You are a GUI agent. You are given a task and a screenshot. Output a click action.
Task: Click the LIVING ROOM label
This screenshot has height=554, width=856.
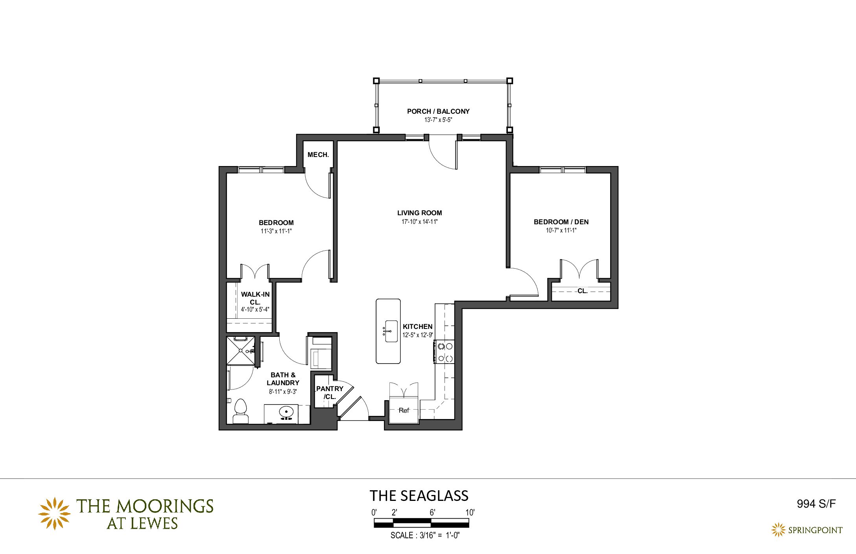pos(419,213)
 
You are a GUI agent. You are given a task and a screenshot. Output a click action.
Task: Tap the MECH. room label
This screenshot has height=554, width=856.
pos(318,155)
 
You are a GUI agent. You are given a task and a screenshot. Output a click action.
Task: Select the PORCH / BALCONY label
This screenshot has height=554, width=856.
pos(438,111)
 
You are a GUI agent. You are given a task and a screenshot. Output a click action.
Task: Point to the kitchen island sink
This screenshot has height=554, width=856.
pos(391,331)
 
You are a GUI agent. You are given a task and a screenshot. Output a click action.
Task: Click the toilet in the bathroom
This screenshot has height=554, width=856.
pos(240,411)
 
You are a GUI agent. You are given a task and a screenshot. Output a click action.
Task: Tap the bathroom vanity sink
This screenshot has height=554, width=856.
pos(286,412)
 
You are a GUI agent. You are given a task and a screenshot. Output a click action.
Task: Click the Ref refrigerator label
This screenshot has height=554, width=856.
pos(404,410)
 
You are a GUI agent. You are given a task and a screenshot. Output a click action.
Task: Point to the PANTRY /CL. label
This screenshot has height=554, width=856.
pos(330,393)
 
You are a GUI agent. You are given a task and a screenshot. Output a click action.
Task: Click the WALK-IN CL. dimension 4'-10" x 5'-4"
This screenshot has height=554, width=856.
pos(255,310)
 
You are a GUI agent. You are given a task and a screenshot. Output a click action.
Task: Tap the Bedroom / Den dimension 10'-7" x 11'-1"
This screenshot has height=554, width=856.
pos(561,231)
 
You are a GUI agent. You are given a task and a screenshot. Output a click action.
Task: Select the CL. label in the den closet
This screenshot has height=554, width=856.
pos(582,291)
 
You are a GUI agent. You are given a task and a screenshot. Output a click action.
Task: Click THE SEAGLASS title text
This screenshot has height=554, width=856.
pos(419,496)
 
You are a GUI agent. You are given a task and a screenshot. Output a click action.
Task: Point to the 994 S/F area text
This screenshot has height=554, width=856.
pos(816,504)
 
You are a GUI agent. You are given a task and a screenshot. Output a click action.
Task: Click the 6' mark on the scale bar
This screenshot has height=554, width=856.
pos(432,513)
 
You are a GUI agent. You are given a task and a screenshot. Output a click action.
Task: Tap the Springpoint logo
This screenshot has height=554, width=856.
pos(807,530)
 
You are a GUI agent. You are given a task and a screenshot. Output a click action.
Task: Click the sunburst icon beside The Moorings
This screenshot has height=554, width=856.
pos(54,513)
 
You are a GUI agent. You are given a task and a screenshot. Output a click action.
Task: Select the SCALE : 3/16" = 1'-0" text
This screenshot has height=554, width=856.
pos(425,536)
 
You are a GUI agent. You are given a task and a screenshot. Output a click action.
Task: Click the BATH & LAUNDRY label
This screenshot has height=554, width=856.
pos(283,379)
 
